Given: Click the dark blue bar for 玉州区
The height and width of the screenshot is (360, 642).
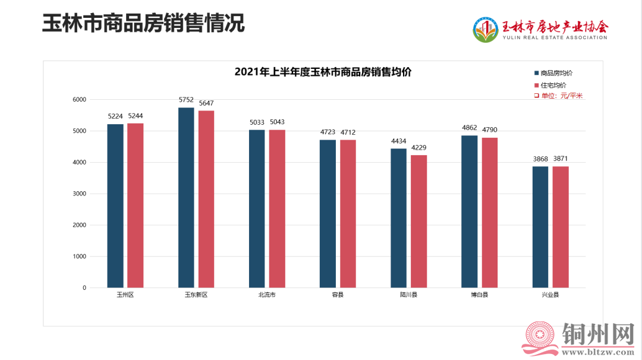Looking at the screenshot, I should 115,206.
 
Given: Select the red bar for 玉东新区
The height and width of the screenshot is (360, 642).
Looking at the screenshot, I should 206,199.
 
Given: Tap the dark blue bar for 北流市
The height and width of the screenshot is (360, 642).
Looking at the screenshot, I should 257,209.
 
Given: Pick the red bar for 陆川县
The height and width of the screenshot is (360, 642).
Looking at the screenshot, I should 418,221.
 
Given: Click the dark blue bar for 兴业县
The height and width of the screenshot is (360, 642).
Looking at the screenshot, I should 540,227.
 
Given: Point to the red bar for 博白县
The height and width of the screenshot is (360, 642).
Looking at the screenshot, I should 489,213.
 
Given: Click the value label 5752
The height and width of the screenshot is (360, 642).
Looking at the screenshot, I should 186,100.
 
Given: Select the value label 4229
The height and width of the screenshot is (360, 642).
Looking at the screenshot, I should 418,148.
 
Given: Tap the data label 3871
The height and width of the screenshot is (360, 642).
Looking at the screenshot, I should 561,159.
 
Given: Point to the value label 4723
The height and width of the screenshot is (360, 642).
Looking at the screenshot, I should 328,132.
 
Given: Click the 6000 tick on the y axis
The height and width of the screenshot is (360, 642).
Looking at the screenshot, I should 80,99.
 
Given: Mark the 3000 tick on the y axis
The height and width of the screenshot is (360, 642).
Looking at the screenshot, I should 80,194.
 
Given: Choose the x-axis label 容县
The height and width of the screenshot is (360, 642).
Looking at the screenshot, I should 338,295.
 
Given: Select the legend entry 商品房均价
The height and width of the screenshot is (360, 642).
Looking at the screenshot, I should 556,73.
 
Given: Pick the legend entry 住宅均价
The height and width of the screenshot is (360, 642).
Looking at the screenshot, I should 553,85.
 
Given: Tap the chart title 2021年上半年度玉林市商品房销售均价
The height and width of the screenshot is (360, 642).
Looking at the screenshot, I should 323,72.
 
